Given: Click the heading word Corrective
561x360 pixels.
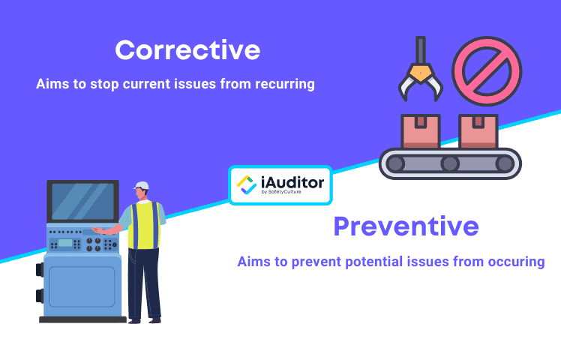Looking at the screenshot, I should tap(187, 50).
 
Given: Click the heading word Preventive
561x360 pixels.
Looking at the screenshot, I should tap(406, 226).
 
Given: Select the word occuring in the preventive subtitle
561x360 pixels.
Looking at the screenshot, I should tap(513, 262).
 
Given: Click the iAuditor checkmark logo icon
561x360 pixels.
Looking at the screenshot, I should tap(246, 184).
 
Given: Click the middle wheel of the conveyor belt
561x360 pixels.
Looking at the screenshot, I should tap(449, 163).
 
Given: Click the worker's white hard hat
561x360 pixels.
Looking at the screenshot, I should tap(141, 185).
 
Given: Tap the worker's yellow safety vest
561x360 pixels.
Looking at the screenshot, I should tap(143, 225).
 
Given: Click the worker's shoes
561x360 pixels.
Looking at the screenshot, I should tap(144, 319).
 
